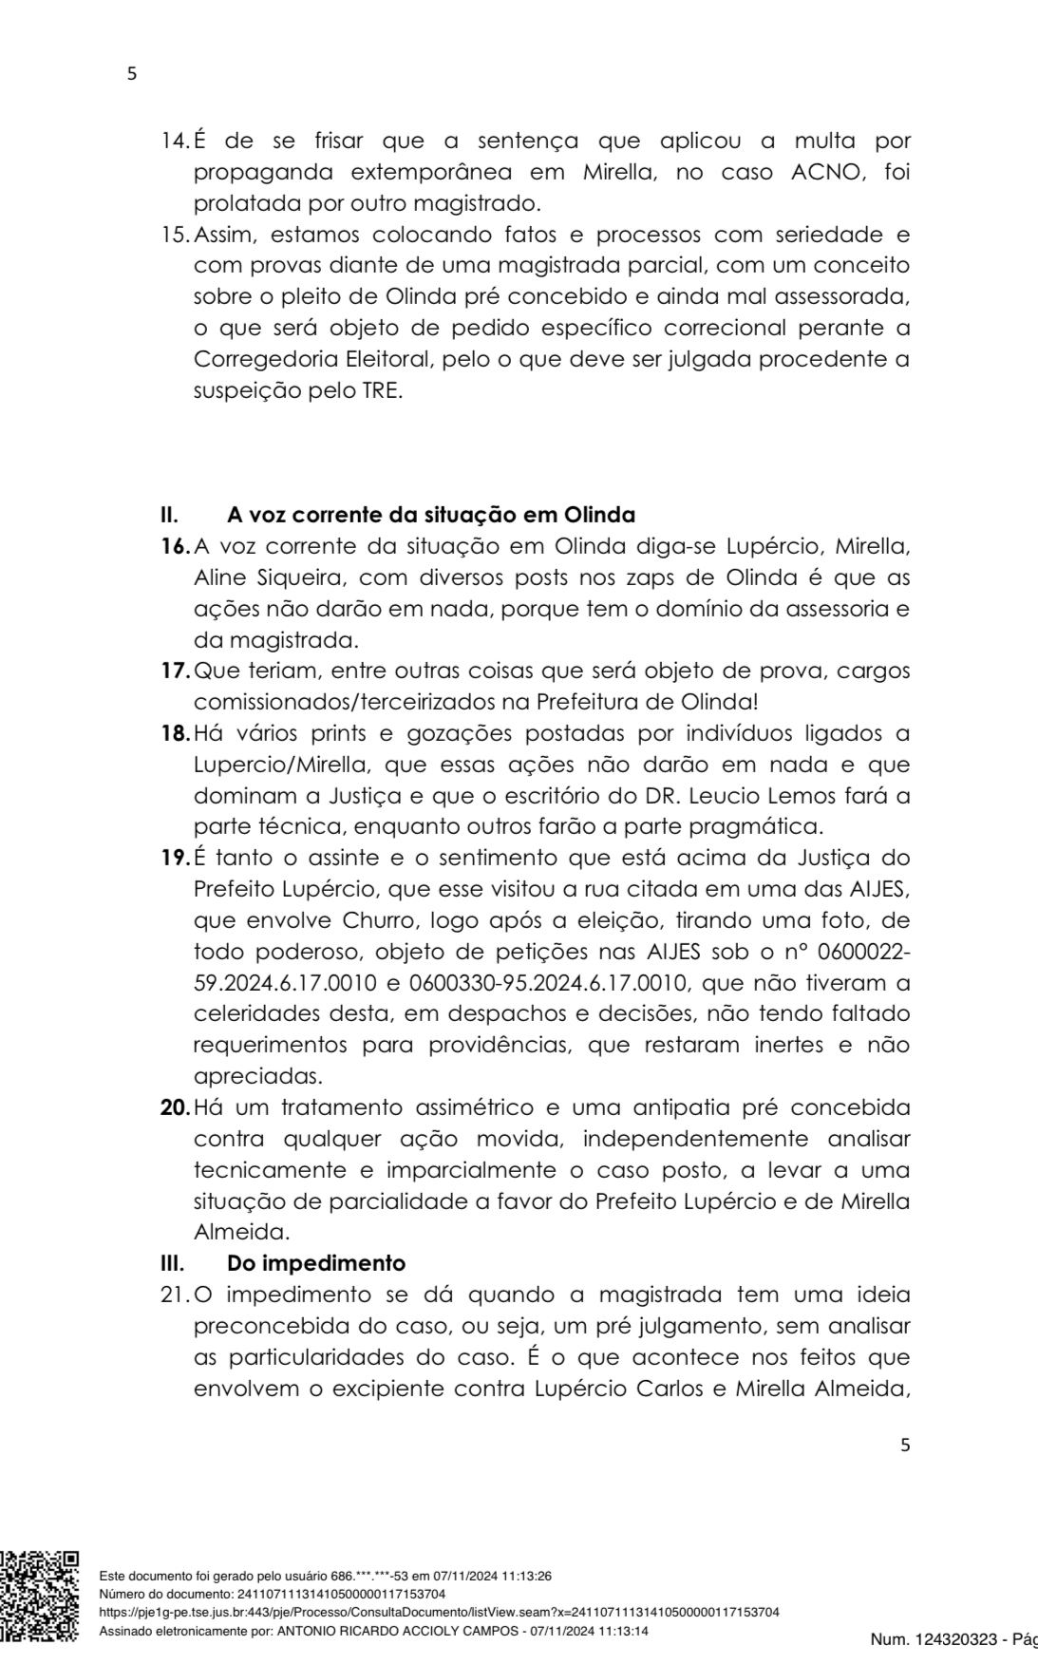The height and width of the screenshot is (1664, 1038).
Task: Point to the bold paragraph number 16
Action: (175, 547)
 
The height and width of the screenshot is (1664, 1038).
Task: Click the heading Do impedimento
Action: (316, 1263)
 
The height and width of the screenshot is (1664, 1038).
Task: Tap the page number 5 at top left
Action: (132, 74)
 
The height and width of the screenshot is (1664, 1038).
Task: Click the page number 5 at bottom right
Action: (904, 1446)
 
